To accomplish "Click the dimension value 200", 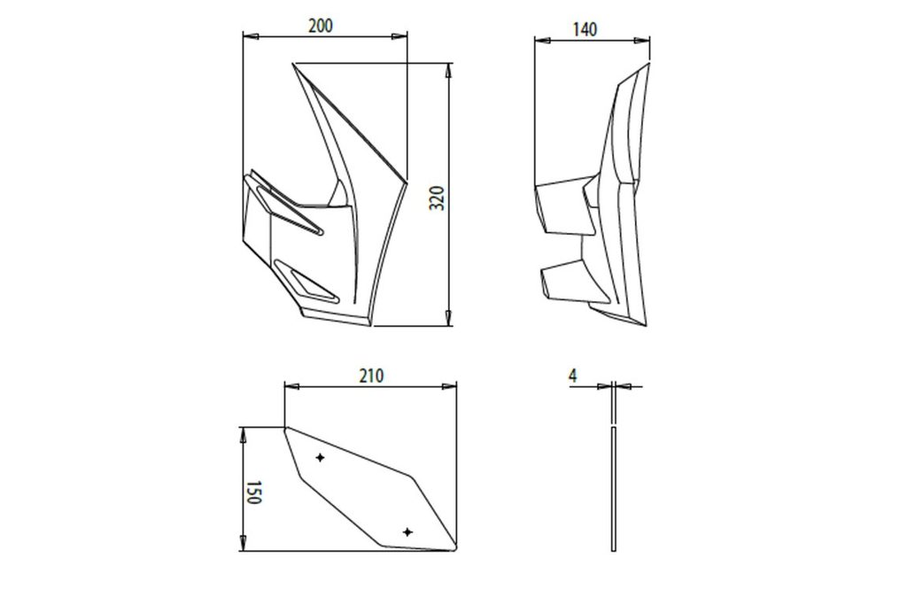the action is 321,26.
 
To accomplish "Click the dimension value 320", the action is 438,198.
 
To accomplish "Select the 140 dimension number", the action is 585,29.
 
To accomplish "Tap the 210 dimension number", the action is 371,376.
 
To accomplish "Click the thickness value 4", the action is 573,376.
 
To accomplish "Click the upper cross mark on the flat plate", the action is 320,457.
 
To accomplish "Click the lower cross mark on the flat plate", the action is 407,532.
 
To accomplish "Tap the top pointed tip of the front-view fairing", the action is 293,64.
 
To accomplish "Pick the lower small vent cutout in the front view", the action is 306,283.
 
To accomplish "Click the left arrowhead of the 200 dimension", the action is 251,36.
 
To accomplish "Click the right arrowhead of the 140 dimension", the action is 642,41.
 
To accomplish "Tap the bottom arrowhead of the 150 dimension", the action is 243,543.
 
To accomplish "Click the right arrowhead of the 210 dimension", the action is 449,386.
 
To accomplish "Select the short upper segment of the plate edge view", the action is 613,402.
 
